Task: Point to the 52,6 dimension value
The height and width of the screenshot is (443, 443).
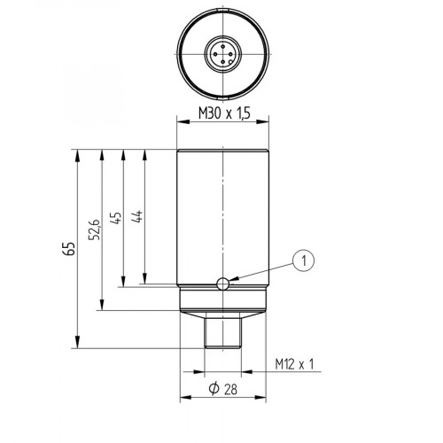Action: tap(95, 229)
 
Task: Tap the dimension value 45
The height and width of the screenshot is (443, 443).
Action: tap(115, 218)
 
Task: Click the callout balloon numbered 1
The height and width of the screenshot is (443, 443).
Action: tap(304, 260)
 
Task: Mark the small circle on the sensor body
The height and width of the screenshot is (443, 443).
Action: tap(223, 283)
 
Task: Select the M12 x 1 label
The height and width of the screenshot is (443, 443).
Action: tap(296, 364)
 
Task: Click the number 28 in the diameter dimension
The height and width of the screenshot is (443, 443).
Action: tap(230, 390)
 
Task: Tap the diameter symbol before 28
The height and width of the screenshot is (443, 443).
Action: tap(213, 390)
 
